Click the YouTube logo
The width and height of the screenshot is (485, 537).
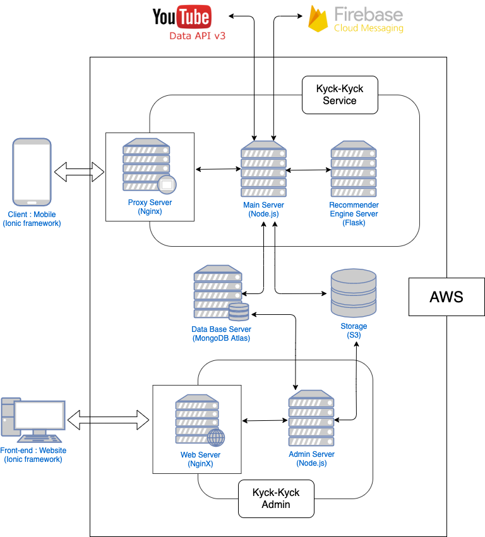[x=181, y=16]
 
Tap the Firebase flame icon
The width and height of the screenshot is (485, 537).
[x=318, y=18]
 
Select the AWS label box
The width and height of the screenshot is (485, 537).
[x=446, y=296]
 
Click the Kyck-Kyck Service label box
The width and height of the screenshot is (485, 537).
[x=340, y=95]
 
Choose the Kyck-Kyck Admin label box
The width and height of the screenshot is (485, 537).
[x=276, y=498]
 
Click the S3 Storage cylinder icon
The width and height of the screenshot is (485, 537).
[x=354, y=294]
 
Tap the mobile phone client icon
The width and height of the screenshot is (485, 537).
[x=32, y=172]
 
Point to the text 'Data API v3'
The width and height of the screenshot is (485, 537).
[x=197, y=36]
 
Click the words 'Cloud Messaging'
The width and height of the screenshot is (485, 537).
[x=368, y=28]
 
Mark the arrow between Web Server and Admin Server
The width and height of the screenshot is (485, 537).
[x=265, y=421]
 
